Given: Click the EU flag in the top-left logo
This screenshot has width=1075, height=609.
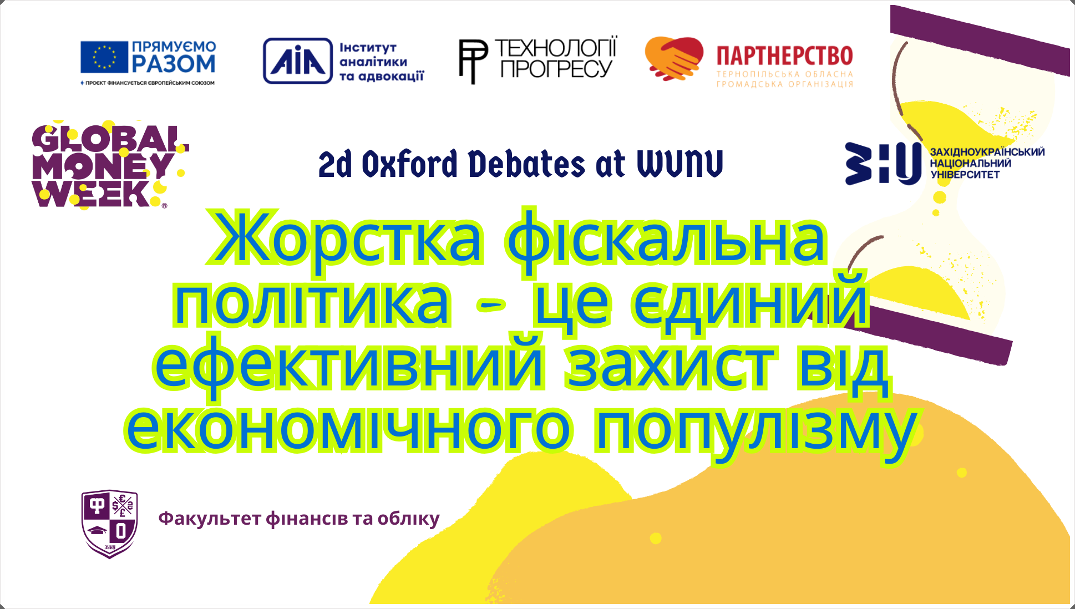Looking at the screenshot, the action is pos(104,57).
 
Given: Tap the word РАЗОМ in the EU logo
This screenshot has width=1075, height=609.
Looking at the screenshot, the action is pos(174,64).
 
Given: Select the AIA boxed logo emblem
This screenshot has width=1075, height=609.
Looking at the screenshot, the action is pos(298,61).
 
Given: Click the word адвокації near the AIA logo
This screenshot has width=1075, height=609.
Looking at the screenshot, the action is pos(391,77).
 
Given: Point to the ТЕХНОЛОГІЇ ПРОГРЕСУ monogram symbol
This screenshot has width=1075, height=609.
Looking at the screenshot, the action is pos(473,61).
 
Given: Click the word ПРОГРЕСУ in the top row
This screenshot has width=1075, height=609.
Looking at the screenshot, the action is pos(556,69).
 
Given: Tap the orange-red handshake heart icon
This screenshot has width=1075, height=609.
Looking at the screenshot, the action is pos(674,58).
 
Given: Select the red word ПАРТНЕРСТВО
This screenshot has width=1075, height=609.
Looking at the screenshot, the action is pos(784,56).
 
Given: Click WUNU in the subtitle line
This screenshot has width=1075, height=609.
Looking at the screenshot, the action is pos(680,164).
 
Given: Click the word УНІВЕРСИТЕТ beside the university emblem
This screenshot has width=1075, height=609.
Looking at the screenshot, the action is pos(965,175).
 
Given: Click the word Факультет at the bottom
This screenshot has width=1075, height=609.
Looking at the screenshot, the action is pos(210,518).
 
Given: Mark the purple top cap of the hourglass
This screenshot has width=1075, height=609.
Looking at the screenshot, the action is pos(980,40).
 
